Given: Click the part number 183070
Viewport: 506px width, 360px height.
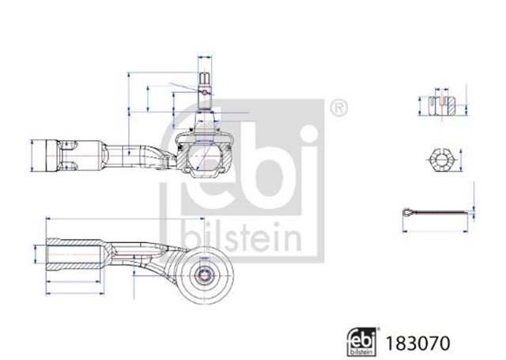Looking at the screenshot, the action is (x=417, y=343).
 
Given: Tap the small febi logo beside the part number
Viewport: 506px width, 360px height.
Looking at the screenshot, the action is (x=363, y=342).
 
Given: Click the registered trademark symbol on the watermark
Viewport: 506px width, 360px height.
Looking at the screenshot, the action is (x=338, y=108).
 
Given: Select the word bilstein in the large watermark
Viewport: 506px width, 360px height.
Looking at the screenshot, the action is (x=241, y=237).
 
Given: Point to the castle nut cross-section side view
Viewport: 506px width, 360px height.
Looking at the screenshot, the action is (x=442, y=105).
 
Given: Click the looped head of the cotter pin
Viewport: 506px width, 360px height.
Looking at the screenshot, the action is (x=408, y=213).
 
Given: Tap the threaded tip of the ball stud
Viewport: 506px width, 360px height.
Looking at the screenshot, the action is (x=205, y=78).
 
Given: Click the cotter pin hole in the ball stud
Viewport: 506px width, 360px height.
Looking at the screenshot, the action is (x=205, y=93).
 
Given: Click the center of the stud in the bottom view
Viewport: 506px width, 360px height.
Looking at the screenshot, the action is (x=205, y=276).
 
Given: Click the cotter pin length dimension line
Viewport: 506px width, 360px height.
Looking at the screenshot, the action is (x=436, y=231).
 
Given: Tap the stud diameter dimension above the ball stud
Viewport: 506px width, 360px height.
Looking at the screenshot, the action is (x=205, y=58).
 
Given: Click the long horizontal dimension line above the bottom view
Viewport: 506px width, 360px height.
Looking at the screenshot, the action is (x=126, y=218).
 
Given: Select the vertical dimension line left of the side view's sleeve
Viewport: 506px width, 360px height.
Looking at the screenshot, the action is (x=32, y=155).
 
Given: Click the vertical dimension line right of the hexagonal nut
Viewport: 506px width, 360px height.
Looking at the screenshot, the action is (x=460, y=160).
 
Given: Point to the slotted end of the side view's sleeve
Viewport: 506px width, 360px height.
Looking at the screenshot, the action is (x=69, y=156).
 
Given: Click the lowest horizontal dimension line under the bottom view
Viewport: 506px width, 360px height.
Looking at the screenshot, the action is (x=75, y=294).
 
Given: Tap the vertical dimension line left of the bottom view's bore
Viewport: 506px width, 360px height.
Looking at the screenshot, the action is (x=35, y=254).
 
